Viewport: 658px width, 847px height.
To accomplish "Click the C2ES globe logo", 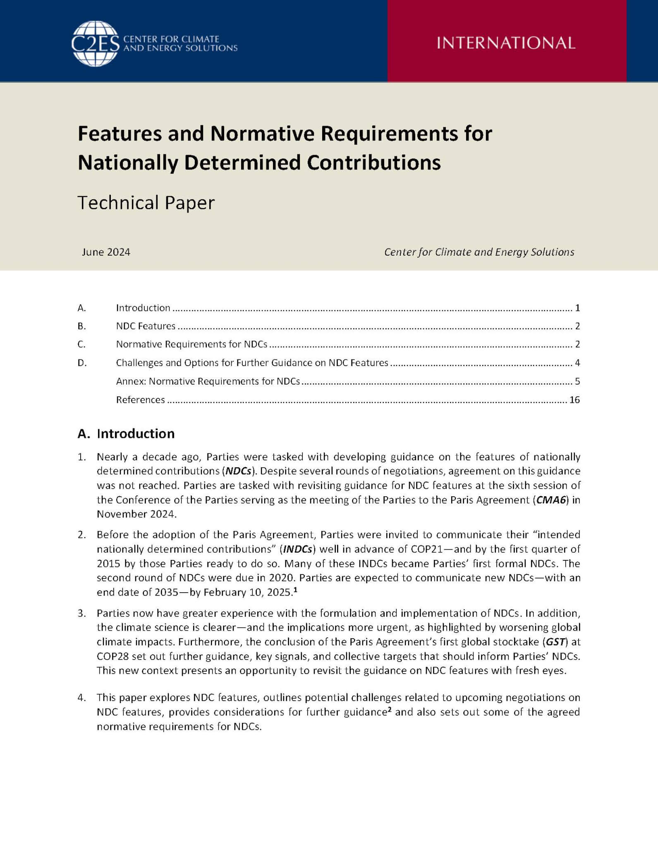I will pyautogui.click(x=95, y=43).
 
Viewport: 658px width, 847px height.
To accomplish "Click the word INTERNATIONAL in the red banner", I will pyautogui.click(x=506, y=43).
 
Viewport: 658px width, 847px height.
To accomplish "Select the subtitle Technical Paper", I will pyautogui.click(x=146, y=203).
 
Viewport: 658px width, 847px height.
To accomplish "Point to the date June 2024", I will pyautogui.click(x=106, y=252).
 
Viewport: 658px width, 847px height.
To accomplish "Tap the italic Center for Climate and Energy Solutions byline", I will pyautogui.click(x=479, y=252).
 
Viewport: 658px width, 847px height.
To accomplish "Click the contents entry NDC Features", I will pyautogui.click(x=146, y=326).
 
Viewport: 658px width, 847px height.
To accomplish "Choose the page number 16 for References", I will pyautogui.click(x=574, y=400).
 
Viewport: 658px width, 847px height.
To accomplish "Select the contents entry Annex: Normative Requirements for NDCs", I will pyautogui.click(x=208, y=381).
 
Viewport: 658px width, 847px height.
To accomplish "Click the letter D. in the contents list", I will pyautogui.click(x=82, y=363).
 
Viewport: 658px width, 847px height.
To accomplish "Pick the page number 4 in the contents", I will pyautogui.click(x=577, y=363).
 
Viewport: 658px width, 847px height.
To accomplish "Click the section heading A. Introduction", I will pyautogui.click(x=126, y=433).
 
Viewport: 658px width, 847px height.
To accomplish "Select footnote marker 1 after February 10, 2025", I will pyautogui.click(x=295, y=590).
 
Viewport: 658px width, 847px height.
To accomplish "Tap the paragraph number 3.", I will pyautogui.click(x=81, y=613).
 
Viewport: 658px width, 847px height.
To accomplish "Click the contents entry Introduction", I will pyautogui.click(x=143, y=308).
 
